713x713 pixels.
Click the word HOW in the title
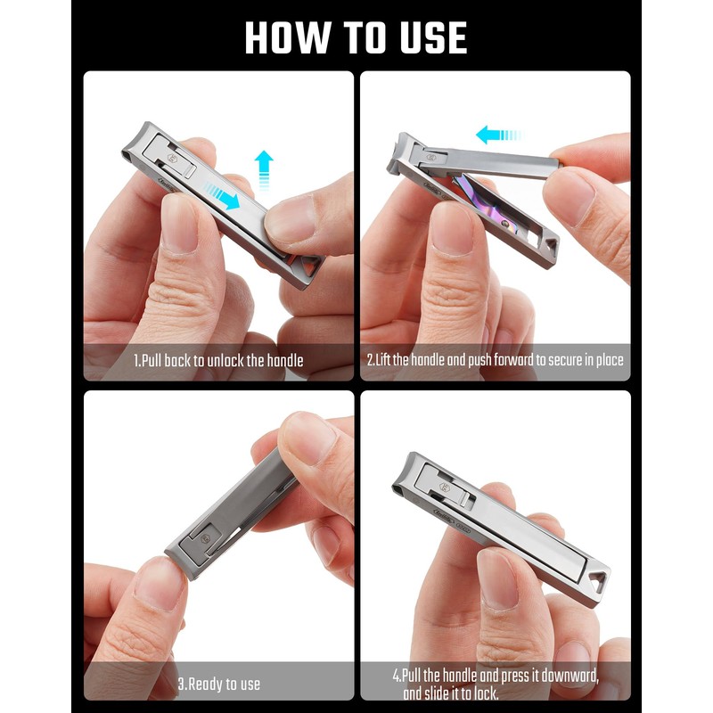[284, 37]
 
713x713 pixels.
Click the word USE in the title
[425, 37]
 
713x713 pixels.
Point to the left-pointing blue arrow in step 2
[498, 135]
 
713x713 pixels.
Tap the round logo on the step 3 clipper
[204, 537]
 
